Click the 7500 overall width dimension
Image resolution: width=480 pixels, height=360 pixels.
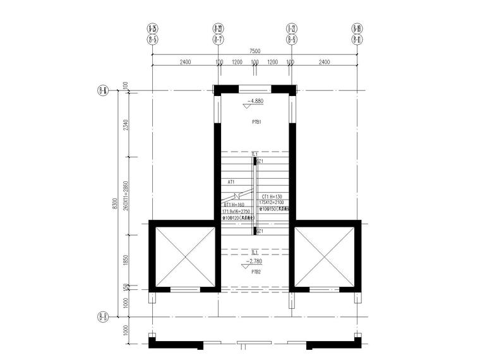[x=254, y=51]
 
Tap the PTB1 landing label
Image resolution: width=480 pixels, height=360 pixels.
[x=256, y=122]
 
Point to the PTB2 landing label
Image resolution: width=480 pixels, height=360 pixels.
[x=256, y=272]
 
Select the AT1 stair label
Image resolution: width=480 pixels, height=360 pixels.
[x=231, y=182]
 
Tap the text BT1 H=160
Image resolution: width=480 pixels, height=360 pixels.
[x=233, y=205]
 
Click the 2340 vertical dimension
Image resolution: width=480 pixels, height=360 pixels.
[x=126, y=125]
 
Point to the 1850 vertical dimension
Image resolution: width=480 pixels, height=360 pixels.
[x=126, y=259]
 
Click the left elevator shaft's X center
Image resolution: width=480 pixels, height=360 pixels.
[x=184, y=256]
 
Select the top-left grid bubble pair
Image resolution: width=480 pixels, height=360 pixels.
[x=152, y=33]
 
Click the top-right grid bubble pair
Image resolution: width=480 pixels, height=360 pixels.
[x=357, y=33]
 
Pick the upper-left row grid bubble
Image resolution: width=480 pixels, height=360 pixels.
[x=102, y=90]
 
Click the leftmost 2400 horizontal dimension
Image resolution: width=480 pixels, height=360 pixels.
[x=185, y=63]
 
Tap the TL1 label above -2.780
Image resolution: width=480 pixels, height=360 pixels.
[x=255, y=252]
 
